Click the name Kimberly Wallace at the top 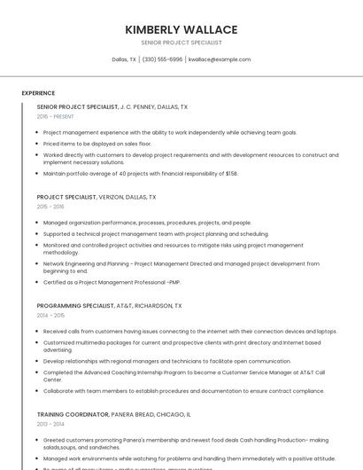181,29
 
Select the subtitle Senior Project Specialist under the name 181,43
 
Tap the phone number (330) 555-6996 162,59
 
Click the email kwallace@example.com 220,59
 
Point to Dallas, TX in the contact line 124,59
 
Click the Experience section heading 38,93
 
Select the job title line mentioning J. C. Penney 112,106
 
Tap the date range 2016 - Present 55,116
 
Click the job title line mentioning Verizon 96,197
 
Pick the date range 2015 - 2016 50,207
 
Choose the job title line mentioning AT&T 109,305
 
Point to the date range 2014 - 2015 50,315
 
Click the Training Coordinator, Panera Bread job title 113,414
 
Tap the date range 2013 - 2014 50,424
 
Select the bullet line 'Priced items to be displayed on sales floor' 97,143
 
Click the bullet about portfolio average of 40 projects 140,174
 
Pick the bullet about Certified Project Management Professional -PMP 112,282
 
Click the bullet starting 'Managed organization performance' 147,223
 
